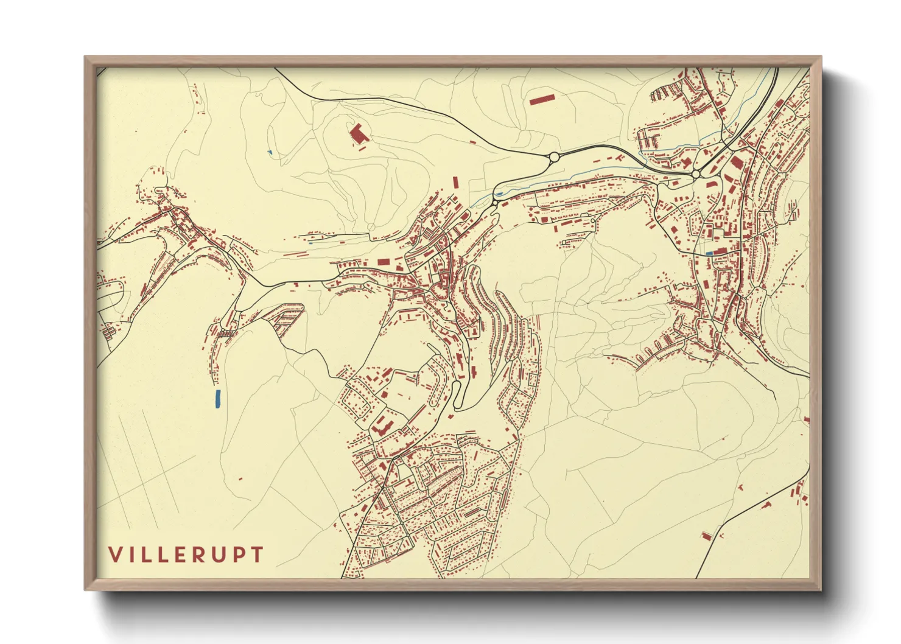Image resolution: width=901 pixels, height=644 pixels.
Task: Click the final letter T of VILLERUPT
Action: click(x=258, y=555)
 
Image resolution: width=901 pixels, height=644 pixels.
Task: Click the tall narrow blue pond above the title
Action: click(x=217, y=399)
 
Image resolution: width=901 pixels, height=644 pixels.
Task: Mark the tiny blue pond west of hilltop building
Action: click(x=270, y=152)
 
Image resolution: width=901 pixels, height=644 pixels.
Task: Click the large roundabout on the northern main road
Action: click(x=554, y=157)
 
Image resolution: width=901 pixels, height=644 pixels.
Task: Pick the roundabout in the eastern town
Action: click(x=695, y=175)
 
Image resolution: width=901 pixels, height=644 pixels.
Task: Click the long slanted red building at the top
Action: click(x=542, y=98)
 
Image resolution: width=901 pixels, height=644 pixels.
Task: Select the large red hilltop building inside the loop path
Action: click(x=357, y=133)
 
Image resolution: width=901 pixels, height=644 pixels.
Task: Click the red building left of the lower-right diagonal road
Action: click(x=706, y=536)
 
